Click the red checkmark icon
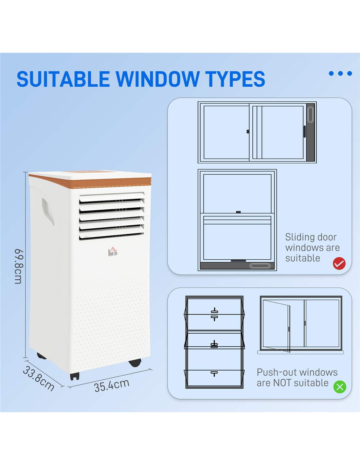click(339, 264)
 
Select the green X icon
click(340, 387)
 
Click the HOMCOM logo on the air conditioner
click(113, 252)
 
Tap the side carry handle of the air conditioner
click(48, 211)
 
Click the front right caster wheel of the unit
click(135, 363)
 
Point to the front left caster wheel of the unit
click(75, 376)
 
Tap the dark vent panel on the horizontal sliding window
click(310, 132)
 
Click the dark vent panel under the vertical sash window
click(237, 266)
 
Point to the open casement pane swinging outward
click(277, 326)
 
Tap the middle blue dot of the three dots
click(340, 73)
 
